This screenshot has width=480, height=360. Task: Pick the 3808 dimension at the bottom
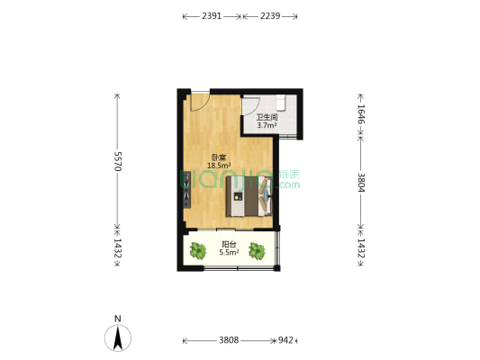[x=229, y=341]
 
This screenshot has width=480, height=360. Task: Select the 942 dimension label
[x=285, y=341]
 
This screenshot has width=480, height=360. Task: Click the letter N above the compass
[x=117, y=318]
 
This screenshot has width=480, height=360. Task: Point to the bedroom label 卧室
[x=219, y=157]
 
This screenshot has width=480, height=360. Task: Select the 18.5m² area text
[x=219, y=166]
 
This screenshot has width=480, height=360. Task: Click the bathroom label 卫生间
[x=266, y=117]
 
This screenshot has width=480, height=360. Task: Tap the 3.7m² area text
[x=266, y=126]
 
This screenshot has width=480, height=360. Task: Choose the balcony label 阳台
[x=230, y=244]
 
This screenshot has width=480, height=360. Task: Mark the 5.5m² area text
[x=230, y=253]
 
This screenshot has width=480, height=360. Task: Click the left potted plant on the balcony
[x=199, y=251]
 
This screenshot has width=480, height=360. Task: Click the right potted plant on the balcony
[x=258, y=251]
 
